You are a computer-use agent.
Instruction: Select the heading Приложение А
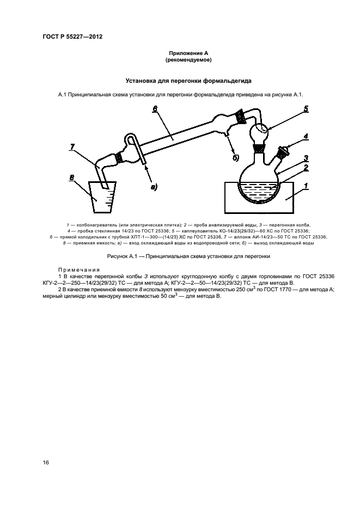188,53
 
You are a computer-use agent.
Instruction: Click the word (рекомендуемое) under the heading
188,59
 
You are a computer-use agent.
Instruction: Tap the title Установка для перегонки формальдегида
188,81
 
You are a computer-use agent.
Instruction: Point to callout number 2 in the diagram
307,168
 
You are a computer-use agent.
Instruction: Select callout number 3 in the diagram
307,157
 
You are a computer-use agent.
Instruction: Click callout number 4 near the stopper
307,136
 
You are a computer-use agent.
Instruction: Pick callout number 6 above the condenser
155,109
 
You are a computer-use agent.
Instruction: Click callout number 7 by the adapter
72,146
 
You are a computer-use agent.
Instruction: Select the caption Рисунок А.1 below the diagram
188,256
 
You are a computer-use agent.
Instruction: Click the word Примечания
79,269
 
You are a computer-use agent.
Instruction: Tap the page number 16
46,462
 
